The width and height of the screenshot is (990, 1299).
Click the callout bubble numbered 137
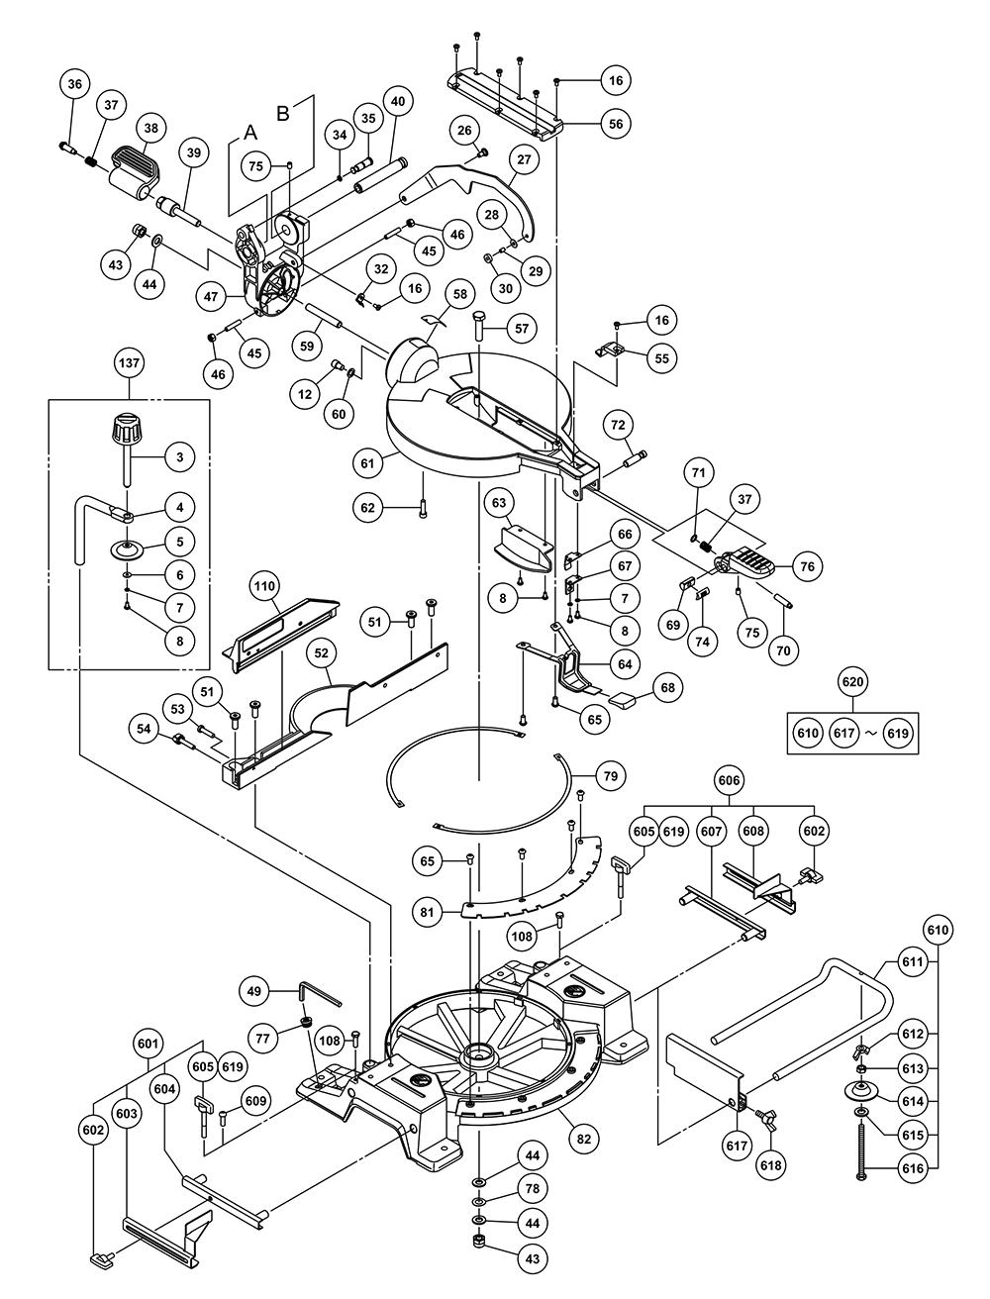(x=129, y=364)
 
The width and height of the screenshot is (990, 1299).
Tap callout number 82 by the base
(x=583, y=1139)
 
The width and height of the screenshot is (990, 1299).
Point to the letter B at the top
(x=284, y=113)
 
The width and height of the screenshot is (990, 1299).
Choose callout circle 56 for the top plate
(x=616, y=125)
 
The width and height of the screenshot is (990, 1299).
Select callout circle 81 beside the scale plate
(x=428, y=913)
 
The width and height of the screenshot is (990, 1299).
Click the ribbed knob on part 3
(x=126, y=431)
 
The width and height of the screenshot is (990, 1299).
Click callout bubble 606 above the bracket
(x=729, y=781)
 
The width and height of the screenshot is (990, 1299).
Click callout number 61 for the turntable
(x=368, y=462)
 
